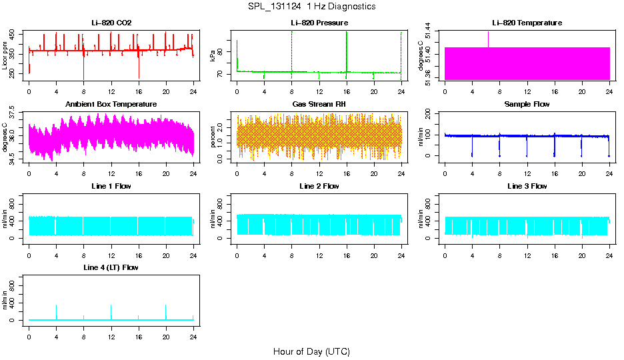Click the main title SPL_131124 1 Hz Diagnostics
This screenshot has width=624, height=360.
(x=311, y=7)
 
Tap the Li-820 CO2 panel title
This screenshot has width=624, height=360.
(x=111, y=23)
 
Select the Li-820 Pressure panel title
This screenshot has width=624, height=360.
(x=319, y=23)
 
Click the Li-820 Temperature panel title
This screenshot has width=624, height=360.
(x=527, y=23)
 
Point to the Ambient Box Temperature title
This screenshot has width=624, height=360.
(x=111, y=105)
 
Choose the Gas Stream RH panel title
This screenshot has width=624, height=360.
(x=319, y=105)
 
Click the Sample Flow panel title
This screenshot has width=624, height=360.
(x=527, y=105)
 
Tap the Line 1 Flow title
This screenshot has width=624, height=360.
(x=111, y=186)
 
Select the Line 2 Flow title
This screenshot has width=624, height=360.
(x=319, y=186)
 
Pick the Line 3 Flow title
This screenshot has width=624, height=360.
(x=527, y=186)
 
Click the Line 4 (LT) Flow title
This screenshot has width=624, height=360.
(x=111, y=267)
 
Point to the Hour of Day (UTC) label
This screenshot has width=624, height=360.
(x=311, y=351)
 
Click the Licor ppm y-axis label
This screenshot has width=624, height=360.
(x=5, y=55)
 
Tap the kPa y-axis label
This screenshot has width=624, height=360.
(x=213, y=55)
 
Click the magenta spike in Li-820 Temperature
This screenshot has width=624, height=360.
(x=488, y=39)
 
